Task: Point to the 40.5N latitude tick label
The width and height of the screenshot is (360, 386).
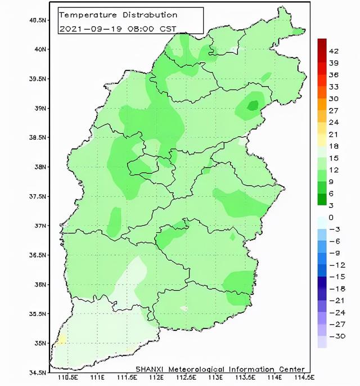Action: [37, 20]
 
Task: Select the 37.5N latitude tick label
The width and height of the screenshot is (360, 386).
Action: [37, 196]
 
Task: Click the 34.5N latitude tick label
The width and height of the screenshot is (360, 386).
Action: [37, 372]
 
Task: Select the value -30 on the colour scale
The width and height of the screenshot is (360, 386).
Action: [336, 336]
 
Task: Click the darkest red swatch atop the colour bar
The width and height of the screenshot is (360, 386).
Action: [322, 45]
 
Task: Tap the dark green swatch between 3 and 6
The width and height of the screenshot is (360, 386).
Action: [322, 199]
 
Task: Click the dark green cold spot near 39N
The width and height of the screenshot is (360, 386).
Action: [253, 105]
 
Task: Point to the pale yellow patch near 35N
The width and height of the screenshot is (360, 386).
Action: [61, 339]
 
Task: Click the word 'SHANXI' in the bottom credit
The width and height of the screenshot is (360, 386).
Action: [149, 368]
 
